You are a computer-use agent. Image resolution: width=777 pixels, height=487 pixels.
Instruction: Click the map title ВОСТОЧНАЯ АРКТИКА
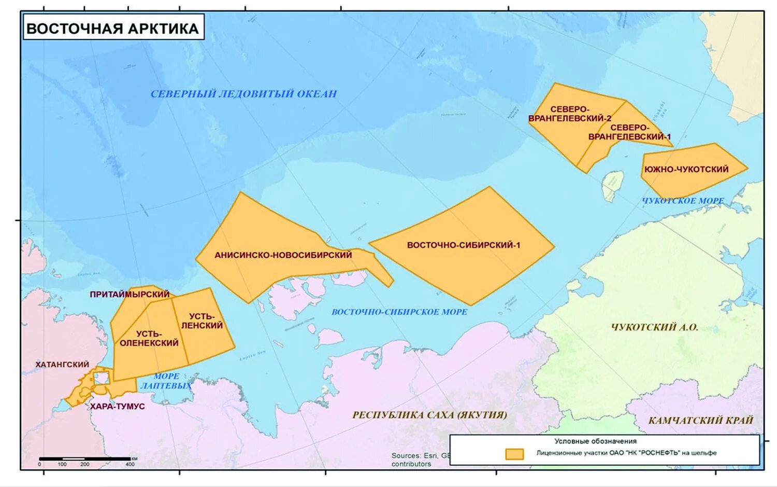(112, 28)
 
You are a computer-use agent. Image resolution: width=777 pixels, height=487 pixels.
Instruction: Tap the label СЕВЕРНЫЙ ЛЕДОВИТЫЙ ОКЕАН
(243, 94)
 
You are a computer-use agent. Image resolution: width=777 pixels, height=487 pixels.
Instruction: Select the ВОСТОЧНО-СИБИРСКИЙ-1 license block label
(463, 245)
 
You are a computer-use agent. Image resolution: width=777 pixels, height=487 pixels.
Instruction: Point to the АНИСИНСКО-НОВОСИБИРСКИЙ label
(283, 255)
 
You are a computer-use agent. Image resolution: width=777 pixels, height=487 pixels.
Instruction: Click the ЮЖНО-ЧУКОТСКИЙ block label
(686, 169)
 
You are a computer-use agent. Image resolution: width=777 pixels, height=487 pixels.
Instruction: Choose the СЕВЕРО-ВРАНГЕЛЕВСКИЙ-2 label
(570, 114)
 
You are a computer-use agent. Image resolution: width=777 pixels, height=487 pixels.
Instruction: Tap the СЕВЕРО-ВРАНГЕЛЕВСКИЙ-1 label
(629, 132)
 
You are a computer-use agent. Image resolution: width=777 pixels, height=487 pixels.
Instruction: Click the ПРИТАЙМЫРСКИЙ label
(129, 294)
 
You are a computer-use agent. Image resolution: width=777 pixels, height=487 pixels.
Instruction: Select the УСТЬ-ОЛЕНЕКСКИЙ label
(149, 338)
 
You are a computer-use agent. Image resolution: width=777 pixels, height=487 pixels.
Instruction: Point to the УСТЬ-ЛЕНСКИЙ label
(202, 321)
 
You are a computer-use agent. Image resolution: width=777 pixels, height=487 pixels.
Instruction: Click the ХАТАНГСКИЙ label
(62, 365)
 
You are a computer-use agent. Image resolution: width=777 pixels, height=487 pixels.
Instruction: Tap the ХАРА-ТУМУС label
(118, 406)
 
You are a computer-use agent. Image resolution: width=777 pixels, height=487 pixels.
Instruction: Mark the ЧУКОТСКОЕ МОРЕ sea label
(683, 201)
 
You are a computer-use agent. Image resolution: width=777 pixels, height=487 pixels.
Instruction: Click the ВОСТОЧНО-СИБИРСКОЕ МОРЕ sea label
(399, 312)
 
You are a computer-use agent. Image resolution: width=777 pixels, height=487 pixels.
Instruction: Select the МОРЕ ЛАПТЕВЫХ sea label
(166, 381)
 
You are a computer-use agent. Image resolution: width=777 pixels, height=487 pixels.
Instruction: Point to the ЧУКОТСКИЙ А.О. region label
(654, 327)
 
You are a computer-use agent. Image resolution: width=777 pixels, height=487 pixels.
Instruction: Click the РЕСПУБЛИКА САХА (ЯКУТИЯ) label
(429, 414)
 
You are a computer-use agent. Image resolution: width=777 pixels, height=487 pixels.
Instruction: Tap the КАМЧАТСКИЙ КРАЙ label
(700, 420)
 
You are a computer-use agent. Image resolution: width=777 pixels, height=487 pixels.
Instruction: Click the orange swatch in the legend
(514, 454)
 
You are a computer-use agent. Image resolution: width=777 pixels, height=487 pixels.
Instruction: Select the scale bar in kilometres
(85, 459)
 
